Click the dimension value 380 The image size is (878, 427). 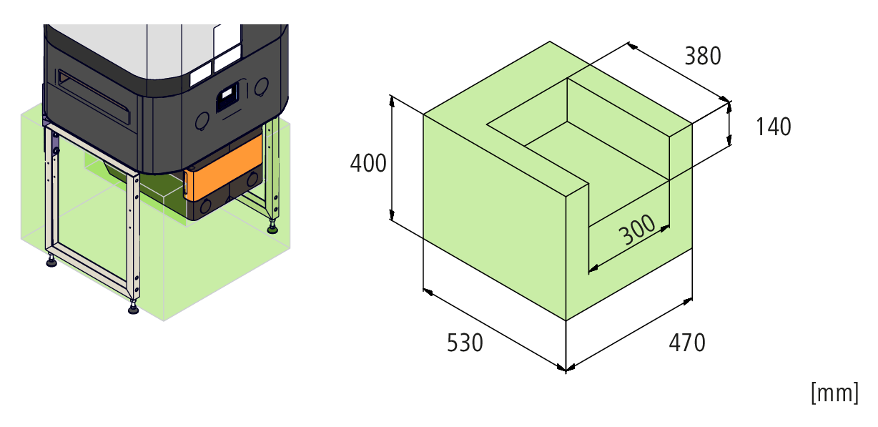pos(703,56)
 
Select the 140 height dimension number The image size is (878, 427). pos(773,127)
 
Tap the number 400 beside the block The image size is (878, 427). pos(368,164)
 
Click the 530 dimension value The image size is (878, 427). pos(465,343)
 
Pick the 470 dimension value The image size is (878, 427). pos(687,343)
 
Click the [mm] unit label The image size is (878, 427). pos(834,393)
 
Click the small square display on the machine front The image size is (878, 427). pos(228,97)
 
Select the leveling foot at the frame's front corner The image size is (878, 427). pos(134,310)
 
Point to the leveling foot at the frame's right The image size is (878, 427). pos(272,229)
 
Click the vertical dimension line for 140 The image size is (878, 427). pos(730,124)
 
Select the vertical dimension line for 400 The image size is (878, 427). pos(392,157)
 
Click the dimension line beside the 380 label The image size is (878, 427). pos(679,72)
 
